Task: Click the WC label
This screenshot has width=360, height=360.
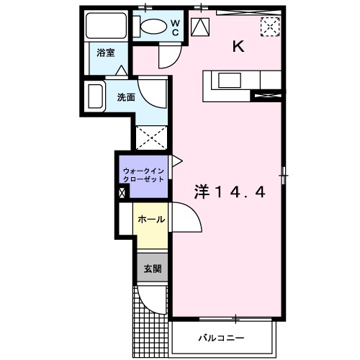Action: coord(175,27)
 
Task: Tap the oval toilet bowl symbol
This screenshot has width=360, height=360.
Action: coord(153,27)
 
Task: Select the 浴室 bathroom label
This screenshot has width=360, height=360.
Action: coord(104,52)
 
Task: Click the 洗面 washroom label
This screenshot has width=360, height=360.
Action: coord(125,97)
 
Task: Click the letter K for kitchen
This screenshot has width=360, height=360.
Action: coord(238,48)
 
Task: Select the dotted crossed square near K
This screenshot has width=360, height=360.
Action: coord(270,27)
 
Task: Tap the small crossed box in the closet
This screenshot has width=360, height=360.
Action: coord(122,192)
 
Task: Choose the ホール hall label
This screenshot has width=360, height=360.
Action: coord(150,219)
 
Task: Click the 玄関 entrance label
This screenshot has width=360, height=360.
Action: coord(152,269)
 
